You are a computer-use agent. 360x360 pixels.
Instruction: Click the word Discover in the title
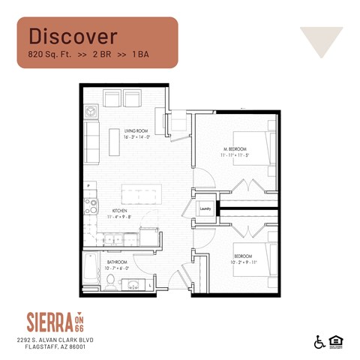pyautogui.click(x=73, y=35)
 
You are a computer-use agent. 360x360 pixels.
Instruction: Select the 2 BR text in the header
pyautogui.click(x=103, y=55)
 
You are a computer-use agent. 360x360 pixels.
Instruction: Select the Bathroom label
pyautogui.click(x=118, y=262)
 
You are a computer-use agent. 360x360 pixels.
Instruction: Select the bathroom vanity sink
pyautogui.click(x=134, y=284)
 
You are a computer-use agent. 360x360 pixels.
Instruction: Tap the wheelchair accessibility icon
pyautogui.click(x=318, y=342)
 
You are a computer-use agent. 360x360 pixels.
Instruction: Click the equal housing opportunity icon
pyautogui.click(x=333, y=342)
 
